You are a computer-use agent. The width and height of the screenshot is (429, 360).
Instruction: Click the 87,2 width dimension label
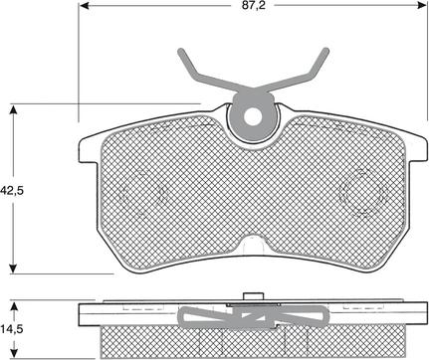tap(254, 5)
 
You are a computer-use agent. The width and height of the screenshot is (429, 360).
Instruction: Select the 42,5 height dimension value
tap(13, 191)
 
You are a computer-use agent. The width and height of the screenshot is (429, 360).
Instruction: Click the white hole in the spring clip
tap(253, 116)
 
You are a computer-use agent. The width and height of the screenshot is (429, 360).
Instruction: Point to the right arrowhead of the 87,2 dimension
tap(421, 5)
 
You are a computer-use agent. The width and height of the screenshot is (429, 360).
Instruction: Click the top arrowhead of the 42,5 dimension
tap(13, 110)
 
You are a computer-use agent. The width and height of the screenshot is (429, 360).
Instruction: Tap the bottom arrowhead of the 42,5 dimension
tap(13, 268)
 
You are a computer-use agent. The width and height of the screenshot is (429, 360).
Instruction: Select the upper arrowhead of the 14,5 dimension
tap(14, 306)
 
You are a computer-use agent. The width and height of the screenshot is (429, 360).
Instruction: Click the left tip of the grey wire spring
tap(181, 52)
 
